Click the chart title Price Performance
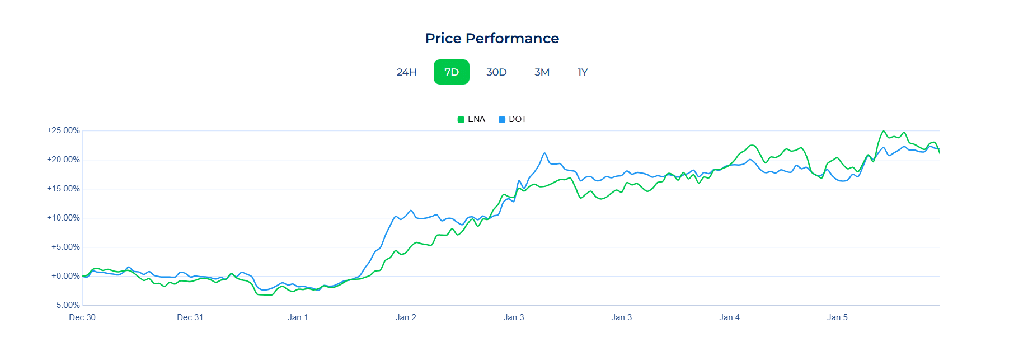(x=492, y=38)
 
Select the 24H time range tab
(x=406, y=72)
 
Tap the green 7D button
(x=451, y=72)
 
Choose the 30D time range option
(x=496, y=72)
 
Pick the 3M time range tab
(x=542, y=72)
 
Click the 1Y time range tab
(x=583, y=72)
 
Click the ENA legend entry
(x=471, y=119)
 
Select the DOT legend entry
(x=513, y=119)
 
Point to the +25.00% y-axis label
(x=63, y=130)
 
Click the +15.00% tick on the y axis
(x=63, y=189)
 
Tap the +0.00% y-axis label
(x=65, y=276)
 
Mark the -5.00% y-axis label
(x=67, y=305)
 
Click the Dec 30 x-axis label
(x=82, y=317)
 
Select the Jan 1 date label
(x=298, y=317)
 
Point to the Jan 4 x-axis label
(x=729, y=317)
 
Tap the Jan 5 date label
(x=837, y=317)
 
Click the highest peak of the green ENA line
(x=884, y=132)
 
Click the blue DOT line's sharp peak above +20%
(x=544, y=153)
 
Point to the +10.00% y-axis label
(x=63, y=218)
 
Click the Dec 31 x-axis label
(x=190, y=317)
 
